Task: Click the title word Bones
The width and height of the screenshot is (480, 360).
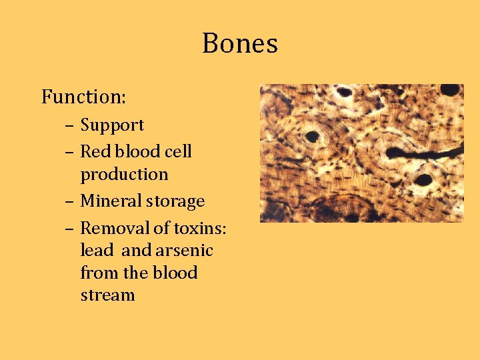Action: click(240, 44)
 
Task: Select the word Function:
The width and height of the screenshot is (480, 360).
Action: click(84, 97)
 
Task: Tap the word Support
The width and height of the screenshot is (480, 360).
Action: click(112, 125)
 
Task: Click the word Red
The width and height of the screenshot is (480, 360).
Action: click(94, 152)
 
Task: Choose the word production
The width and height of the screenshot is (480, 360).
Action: click(124, 175)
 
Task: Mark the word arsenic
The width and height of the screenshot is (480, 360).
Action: click(184, 251)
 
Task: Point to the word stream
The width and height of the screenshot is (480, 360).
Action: click(107, 295)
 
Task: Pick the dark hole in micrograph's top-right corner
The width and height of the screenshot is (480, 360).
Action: click(450, 90)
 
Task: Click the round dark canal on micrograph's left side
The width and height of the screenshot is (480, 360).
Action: click(312, 137)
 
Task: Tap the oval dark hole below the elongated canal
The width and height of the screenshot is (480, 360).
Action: click(423, 179)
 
